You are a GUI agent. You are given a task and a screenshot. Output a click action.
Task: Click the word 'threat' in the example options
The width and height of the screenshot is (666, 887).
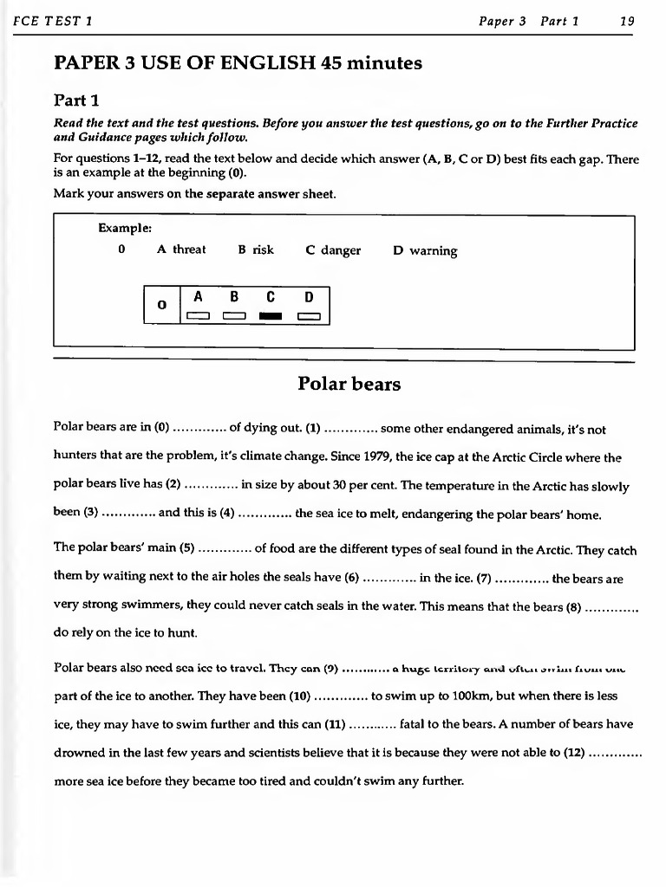click(x=189, y=250)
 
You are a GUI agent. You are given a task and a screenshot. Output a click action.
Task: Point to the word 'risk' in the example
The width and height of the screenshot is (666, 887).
click(x=263, y=250)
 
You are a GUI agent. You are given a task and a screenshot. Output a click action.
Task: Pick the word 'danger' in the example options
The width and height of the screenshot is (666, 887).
click(x=341, y=251)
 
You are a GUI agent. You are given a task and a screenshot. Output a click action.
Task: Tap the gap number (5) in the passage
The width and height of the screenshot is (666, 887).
click(x=185, y=550)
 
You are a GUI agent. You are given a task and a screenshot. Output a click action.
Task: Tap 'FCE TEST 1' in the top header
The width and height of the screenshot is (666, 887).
click(x=51, y=22)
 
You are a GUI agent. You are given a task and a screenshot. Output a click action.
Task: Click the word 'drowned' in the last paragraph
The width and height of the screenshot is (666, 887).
click(x=78, y=752)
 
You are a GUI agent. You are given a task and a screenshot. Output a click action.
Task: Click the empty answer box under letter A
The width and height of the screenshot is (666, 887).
click(x=199, y=315)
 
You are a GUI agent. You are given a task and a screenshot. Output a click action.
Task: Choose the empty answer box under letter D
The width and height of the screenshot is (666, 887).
click(x=308, y=315)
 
